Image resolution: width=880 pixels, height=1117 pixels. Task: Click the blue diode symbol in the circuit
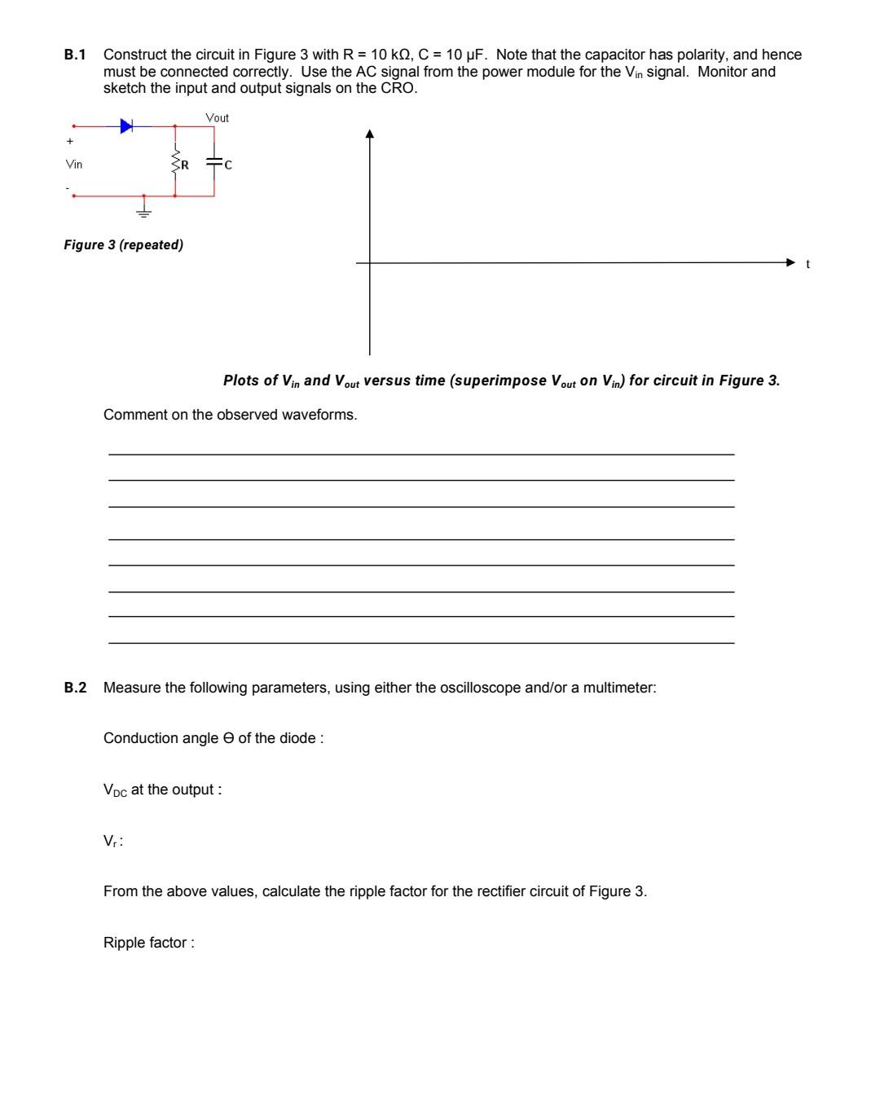pos(126,125)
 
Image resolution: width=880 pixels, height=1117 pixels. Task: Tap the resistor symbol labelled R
pos(175,164)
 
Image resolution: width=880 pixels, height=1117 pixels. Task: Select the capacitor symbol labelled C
pos(214,164)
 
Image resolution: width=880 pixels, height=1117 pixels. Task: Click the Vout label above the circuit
pos(217,118)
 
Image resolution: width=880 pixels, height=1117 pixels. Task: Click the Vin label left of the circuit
pos(74,165)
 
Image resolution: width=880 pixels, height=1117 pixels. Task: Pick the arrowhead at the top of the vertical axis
pos(370,134)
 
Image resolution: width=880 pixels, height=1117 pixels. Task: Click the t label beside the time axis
pos(807,264)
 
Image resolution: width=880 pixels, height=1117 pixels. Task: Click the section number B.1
pos(75,55)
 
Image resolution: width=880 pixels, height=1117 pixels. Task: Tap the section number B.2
pos(75,688)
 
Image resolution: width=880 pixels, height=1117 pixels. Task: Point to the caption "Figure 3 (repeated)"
pos(123,244)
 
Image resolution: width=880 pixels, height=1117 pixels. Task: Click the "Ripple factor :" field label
pos(148,943)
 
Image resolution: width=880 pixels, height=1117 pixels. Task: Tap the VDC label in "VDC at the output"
pos(115,790)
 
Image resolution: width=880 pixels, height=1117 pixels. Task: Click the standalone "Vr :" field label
pos(112,841)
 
